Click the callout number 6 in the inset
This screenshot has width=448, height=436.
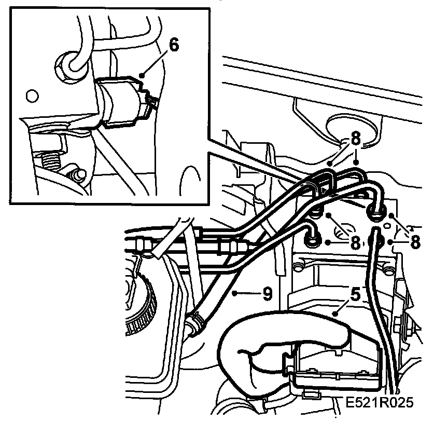click(x=174, y=45)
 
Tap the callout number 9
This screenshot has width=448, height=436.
click(x=267, y=294)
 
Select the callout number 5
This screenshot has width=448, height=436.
click(x=355, y=295)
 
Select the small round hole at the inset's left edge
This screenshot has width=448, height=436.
click(x=32, y=96)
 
